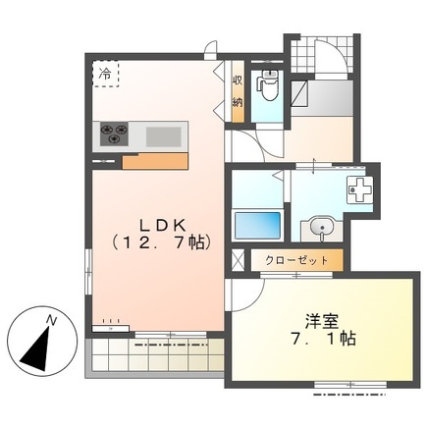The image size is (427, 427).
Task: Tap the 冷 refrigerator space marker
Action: [105, 74]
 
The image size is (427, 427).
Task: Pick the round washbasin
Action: [319, 229]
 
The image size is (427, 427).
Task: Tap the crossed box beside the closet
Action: [236, 261]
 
